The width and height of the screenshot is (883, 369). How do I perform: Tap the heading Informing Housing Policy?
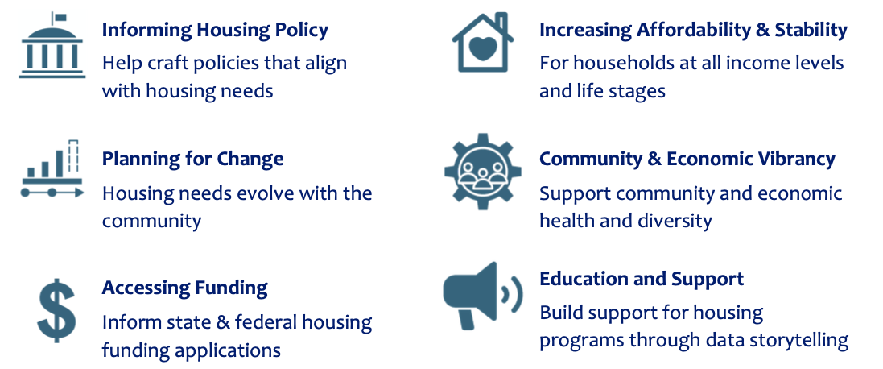pyautogui.click(x=215, y=31)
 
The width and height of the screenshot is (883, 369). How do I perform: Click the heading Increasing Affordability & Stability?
pyautogui.click(x=693, y=31)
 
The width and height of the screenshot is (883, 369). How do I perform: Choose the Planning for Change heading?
pyautogui.click(x=192, y=159)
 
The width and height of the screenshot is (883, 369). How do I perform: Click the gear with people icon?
pyautogui.click(x=483, y=171)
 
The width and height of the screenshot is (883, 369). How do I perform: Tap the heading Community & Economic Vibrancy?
pyautogui.click(x=687, y=159)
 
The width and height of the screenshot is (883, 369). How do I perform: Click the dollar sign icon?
pyautogui.click(x=56, y=310)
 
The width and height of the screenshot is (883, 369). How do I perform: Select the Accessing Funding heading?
pyautogui.click(x=184, y=288)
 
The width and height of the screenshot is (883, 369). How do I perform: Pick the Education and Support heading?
pyautogui.click(x=642, y=279)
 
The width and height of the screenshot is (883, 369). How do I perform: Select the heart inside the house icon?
pyautogui.click(x=483, y=49)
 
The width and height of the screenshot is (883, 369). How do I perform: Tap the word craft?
pyautogui.click(x=167, y=63)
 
